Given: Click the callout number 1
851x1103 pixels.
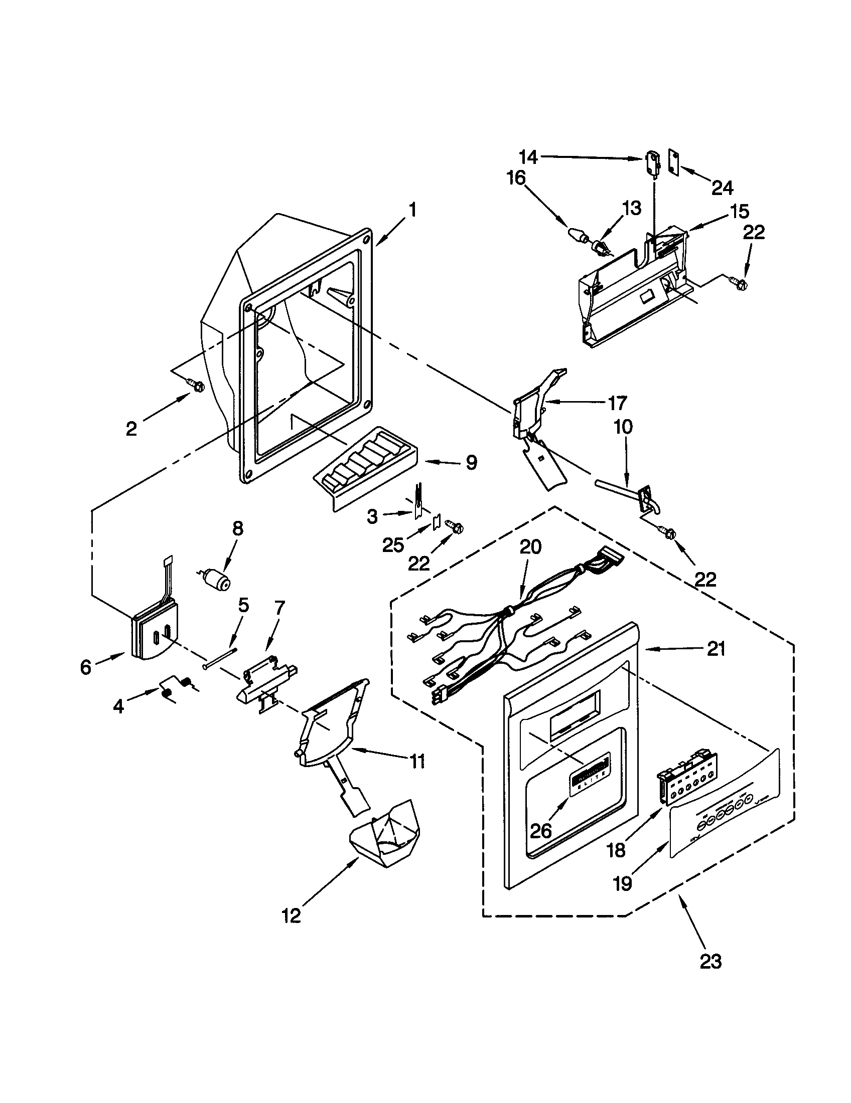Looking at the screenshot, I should point(412,210).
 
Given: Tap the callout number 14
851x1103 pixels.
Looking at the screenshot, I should point(527,157).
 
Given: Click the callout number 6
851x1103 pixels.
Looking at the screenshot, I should point(86,667).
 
